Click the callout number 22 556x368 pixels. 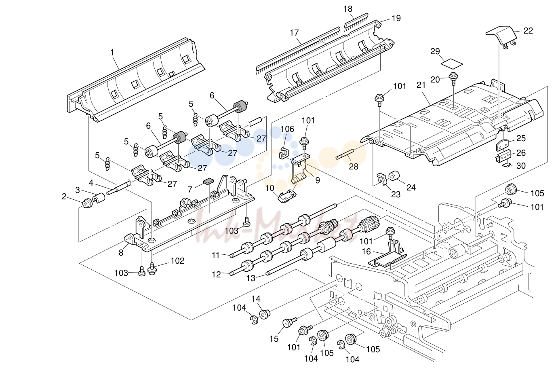pyautogui.click(x=528, y=31)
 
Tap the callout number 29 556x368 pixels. pyautogui.click(x=435, y=51)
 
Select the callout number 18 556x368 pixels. pyautogui.click(x=348, y=9)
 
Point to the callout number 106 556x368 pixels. pyautogui.click(x=287, y=129)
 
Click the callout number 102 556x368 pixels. pyautogui.click(x=177, y=261)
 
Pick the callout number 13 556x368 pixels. pyautogui.click(x=251, y=278)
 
